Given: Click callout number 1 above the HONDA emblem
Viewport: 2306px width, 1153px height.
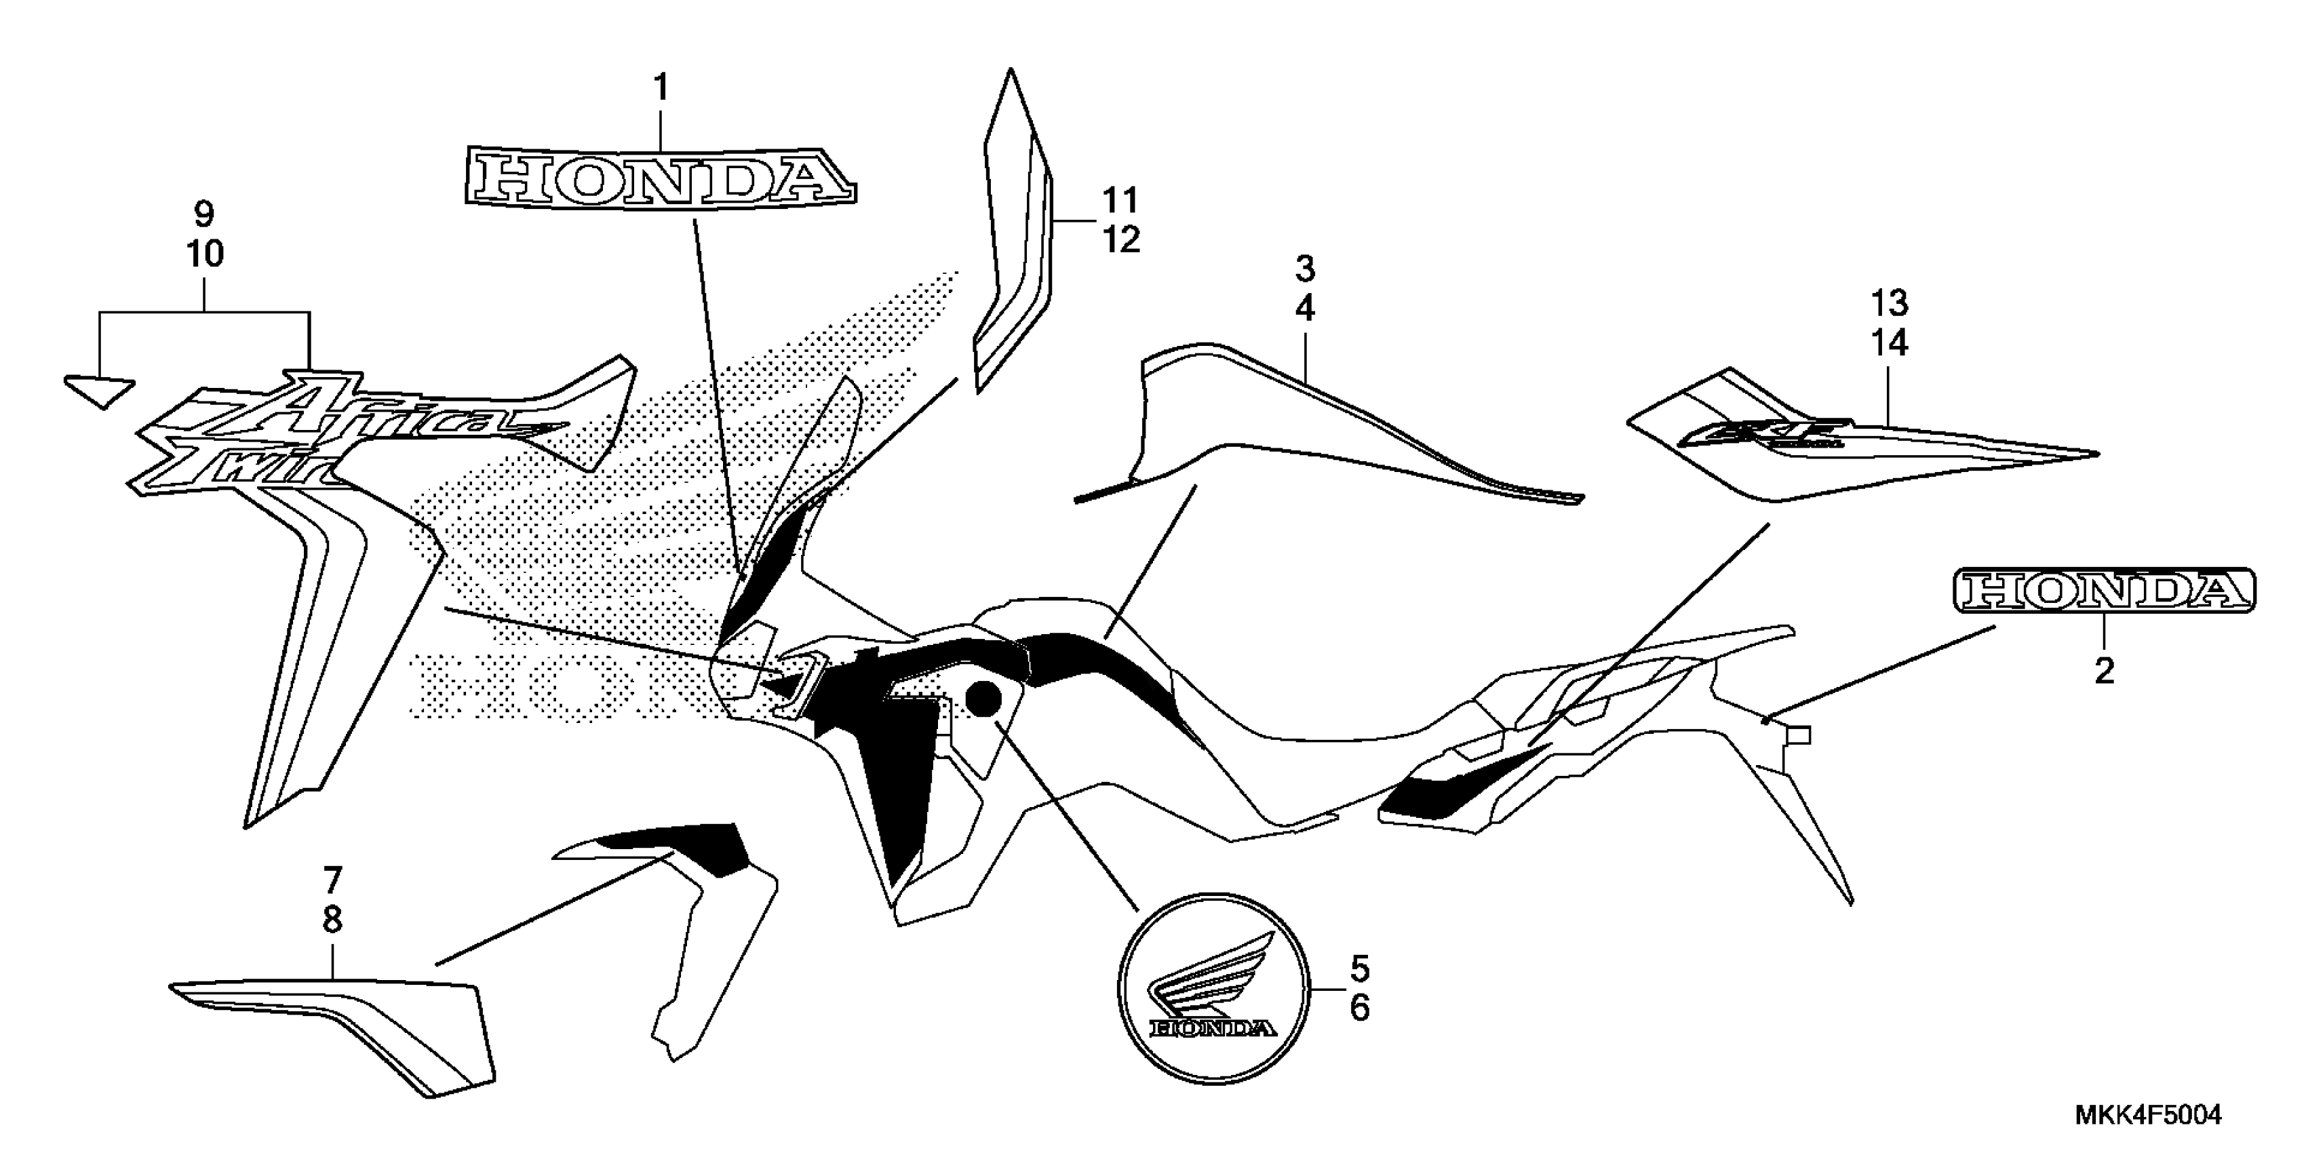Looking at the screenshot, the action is tap(661, 89).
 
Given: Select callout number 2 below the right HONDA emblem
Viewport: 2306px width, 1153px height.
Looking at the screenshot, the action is tap(2104, 671).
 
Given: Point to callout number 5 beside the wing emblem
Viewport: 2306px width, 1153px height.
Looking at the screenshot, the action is tap(1359, 968).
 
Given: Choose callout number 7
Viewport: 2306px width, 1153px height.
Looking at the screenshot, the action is tap(332, 881).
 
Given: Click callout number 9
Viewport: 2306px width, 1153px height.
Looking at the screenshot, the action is tap(204, 215).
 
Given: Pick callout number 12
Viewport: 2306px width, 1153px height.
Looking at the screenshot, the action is tap(1120, 240).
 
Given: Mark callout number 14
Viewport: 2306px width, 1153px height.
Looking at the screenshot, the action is tap(1889, 344).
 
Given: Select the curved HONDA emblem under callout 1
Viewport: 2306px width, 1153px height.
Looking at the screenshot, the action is tap(661, 182).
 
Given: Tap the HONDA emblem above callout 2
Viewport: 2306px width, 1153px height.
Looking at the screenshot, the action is tap(2104, 593).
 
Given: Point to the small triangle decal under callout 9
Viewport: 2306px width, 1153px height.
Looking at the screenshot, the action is tap(98, 390).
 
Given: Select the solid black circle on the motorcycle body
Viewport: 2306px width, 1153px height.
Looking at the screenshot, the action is tap(983, 699).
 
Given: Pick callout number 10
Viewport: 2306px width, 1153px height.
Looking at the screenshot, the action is tap(204, 254).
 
